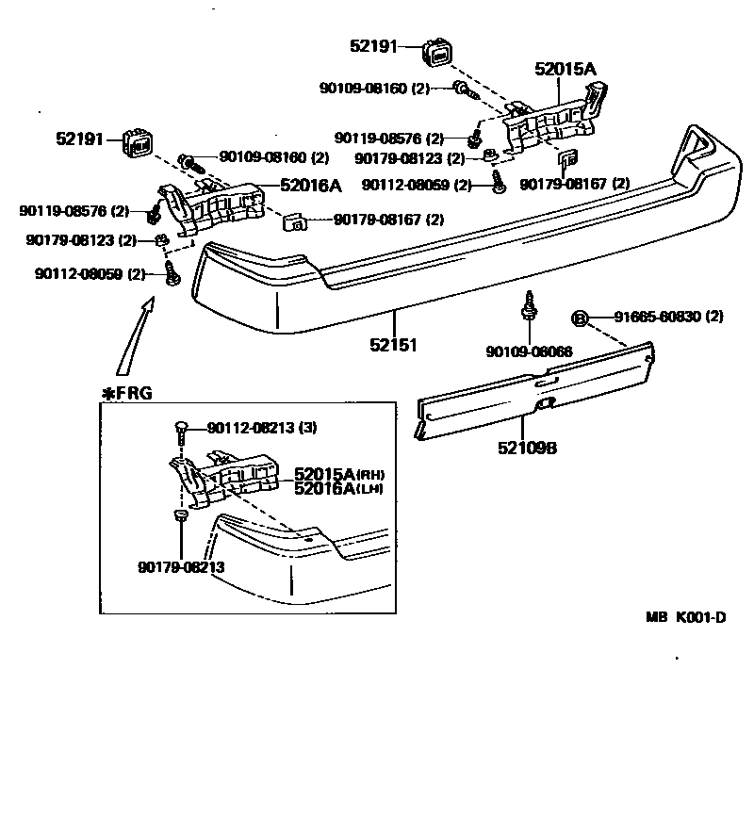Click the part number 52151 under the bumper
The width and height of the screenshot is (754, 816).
(393, 345)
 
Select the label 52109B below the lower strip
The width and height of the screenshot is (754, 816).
(527, 449)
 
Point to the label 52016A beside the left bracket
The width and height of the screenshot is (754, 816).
(310, 186)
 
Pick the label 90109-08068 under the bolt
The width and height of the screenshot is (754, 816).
(530, 351)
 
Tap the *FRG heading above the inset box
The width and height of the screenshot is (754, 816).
(126, 393)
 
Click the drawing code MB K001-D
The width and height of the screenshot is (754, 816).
(686, 618)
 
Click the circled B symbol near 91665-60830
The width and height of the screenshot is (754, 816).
(582, 318)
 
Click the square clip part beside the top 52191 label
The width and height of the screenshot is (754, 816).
(437, 52)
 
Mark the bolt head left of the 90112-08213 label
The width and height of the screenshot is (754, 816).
(180, 429)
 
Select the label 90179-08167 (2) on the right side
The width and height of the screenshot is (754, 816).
(574, 184)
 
